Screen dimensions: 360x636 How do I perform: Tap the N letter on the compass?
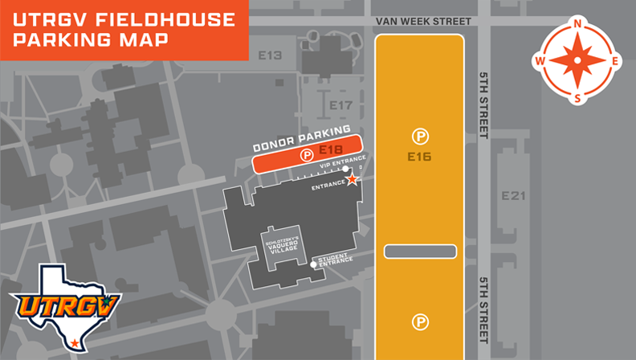pos(577,24)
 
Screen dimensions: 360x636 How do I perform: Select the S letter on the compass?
pos(577,98)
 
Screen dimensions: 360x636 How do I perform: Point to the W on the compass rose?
pos(540,61)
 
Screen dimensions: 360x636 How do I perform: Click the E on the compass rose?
pos(615,61)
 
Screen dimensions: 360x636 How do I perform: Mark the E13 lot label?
pos(271,55)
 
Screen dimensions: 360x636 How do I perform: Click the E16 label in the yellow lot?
pos(419,157)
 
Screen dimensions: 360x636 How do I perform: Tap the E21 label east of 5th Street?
pos(512,196)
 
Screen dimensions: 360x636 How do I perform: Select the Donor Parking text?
pos(302,138)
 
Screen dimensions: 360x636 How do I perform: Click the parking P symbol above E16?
pos(420,136)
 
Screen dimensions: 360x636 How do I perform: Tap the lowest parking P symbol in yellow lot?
pos(420,322)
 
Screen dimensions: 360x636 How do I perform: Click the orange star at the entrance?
pos(352,180)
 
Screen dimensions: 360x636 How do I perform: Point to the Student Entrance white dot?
pos(313,264)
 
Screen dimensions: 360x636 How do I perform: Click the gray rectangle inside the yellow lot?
pos(420,252)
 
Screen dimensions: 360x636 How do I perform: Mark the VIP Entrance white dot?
pos(346,169)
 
